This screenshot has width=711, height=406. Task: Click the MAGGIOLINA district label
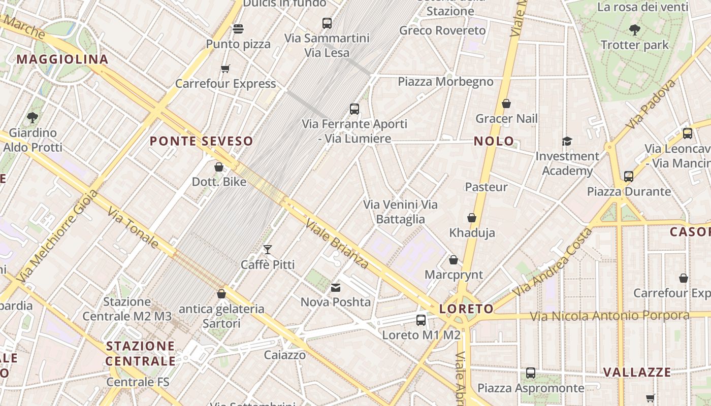62,59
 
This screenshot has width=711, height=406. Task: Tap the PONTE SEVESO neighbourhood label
201,142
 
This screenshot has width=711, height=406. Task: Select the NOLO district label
494,142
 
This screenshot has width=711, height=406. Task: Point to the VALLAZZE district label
637,373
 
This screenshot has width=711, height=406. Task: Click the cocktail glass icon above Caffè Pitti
268,250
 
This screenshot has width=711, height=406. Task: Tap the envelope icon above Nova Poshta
336,288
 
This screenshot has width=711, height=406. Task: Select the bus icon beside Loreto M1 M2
421,320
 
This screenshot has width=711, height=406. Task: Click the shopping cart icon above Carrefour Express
225,69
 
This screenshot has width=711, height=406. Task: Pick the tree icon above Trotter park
634,30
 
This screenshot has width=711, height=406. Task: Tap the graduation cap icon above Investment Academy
567,141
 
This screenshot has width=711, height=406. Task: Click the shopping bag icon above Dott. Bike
219,167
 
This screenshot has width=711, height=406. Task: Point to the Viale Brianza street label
337,244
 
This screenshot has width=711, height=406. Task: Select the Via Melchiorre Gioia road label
56,236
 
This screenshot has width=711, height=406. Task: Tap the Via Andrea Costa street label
553,262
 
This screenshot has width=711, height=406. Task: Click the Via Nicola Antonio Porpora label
609,316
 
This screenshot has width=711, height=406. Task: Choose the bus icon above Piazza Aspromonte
531,373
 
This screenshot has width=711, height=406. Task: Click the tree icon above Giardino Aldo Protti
33,118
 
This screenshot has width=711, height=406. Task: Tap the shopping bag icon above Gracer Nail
506,104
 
